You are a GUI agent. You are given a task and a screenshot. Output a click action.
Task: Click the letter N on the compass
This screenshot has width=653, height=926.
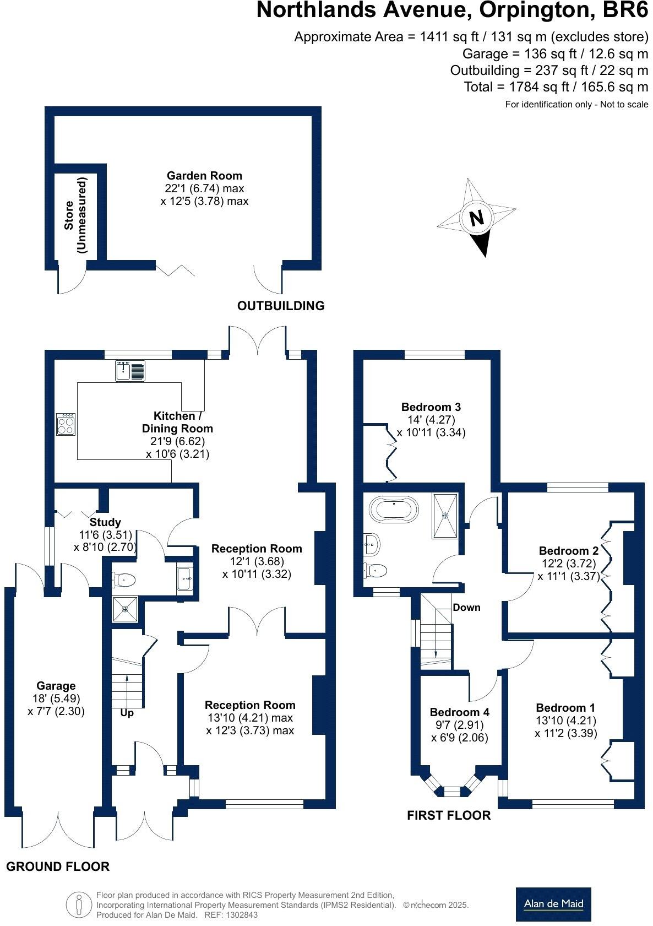click(477, 218)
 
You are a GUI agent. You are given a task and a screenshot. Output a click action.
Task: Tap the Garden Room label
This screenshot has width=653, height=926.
click(204, 176)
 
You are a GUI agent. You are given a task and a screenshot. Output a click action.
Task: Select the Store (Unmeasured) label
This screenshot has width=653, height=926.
click(75, 215)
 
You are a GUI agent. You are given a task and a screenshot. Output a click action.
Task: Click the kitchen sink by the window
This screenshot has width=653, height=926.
click(130, 371)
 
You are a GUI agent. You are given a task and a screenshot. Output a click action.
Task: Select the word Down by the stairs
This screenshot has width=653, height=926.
click(466, 608)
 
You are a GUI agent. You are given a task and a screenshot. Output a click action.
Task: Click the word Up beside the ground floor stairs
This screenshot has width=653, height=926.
click(127, 713)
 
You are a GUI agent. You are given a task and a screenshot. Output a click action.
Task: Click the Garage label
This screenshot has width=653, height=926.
click(56, 686)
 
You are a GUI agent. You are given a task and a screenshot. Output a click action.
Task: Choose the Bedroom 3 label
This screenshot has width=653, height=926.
click(431, 407)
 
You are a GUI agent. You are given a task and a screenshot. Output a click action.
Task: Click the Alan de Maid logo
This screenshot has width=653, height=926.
click(553, 904)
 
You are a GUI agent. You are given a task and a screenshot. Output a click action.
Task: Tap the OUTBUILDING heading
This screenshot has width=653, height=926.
click(281, 306)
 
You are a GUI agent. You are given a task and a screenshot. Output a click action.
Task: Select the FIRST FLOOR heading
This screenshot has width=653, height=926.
click(449, 815)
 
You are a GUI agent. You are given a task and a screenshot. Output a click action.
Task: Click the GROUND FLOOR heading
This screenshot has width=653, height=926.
click(58, 867)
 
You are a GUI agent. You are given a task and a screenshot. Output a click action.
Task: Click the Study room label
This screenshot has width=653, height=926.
click(105, 522)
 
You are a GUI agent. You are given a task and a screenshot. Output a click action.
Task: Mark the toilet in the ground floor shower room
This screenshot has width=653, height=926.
click(125, 580)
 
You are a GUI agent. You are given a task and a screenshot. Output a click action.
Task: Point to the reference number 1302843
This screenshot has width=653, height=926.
click(240, 915)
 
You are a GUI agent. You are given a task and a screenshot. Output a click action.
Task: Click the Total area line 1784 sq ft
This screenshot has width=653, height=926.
click(556, 87)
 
